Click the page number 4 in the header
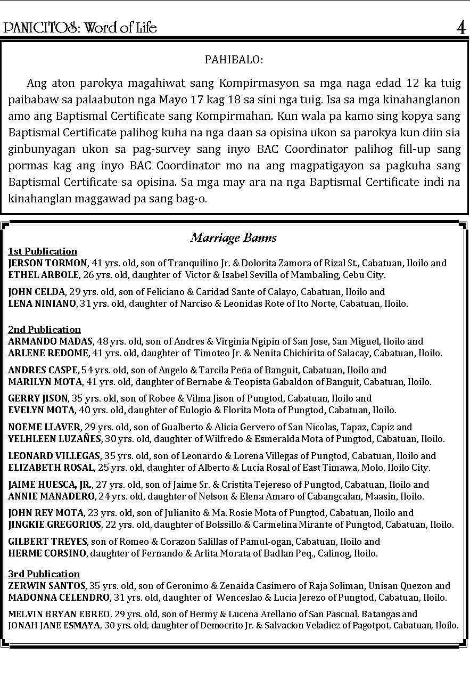click(x=461, y=28)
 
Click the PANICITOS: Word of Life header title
click(x=80, y=28)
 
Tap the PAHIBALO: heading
click(x=234, y=60)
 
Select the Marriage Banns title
click(x=234, y=238)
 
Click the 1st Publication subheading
click(x=43, y=251)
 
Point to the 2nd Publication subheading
click(x=44, y=330)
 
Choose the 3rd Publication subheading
click(x=44, y=574)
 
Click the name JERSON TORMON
click(x=47, y=263)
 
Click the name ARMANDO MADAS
click(x=51, y=341)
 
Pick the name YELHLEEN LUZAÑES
click(x=55, y=439)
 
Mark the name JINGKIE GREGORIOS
click(x=55, y=525)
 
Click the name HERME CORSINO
click(x=47, y=553)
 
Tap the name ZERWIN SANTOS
click(x=47, y=586)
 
